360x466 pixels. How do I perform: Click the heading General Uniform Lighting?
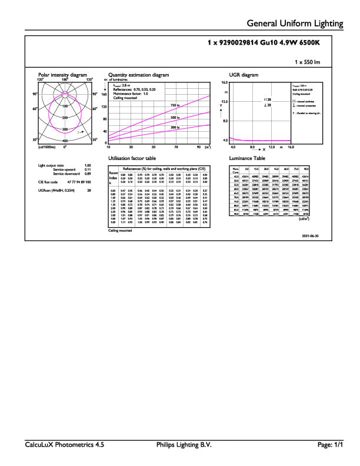(295, 24)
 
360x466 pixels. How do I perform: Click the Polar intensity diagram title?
(62, 75)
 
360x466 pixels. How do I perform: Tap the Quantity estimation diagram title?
(139, 75)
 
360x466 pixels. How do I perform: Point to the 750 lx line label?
(175, 105)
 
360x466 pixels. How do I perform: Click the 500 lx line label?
(175, 118)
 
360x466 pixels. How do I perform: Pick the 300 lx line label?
(175, 127)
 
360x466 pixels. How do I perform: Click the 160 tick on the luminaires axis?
(104, 94)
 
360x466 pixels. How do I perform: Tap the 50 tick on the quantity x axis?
(154, 147)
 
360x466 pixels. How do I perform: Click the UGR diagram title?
(243, 75)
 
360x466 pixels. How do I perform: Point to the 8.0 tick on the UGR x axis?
(252, 147)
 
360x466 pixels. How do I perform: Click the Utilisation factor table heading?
(132, 159)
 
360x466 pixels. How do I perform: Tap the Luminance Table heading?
(247, 159)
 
